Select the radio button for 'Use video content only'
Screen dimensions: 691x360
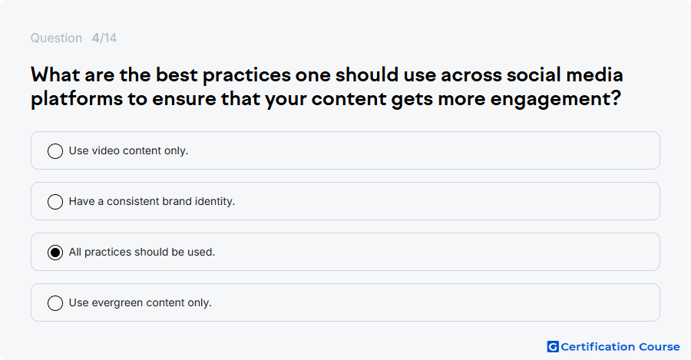pyautogui.click(x=55, y=151)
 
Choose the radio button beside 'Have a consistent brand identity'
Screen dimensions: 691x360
pyautogui.click(x=55, y=202)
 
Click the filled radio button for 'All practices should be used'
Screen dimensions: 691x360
pyautogui.click(x=55, y=253)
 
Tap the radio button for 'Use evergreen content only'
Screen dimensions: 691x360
pyautogui.click(x=55, y=303)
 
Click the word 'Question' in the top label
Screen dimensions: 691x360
pyautogui.click(x=56, y=38)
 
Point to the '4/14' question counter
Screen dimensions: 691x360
pyautogui.click(x=104, y=38)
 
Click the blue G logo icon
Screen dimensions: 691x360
pyautogui.click(x=553, y=347)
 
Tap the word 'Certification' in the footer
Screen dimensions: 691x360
pyautogui.click(x=597, y=347)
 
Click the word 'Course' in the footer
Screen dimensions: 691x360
pyautogui.click(x=660, y=347)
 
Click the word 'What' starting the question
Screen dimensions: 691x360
pyautogui.click(x=55, y=75)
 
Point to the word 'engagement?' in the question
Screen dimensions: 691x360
pyautogui.click(x=555, y=99)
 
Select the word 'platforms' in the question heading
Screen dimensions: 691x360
pyautogui.click(x=77, y=99)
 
